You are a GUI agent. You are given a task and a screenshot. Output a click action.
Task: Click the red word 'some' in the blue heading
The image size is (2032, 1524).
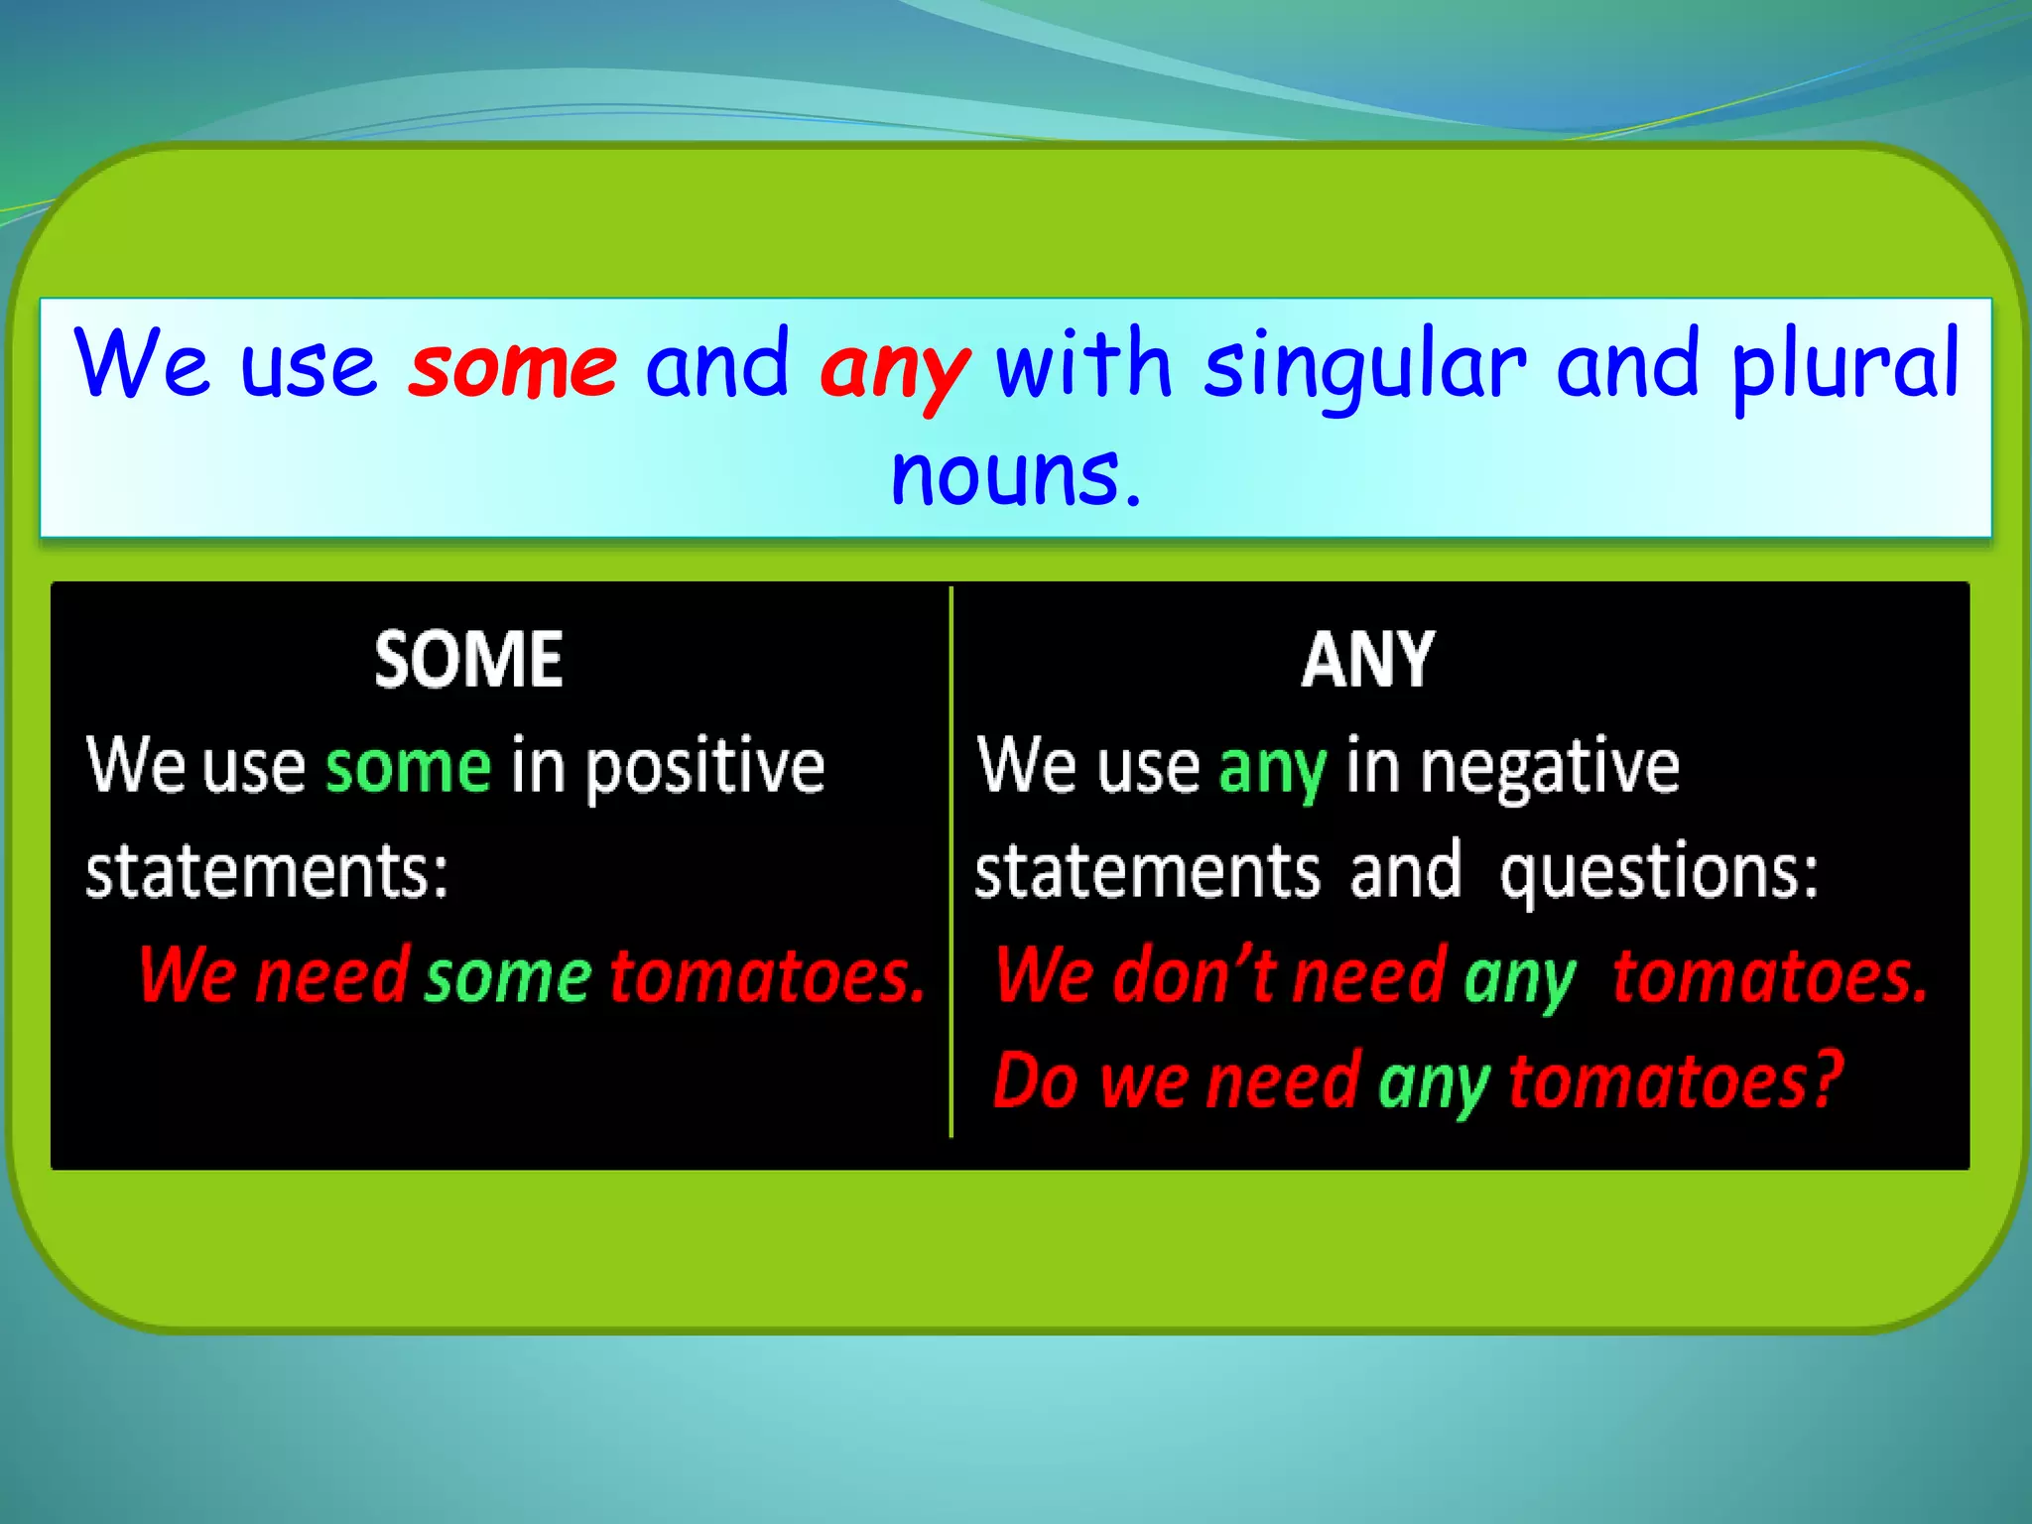point(514,367)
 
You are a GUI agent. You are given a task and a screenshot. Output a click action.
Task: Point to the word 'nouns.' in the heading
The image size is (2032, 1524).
point(1016,475)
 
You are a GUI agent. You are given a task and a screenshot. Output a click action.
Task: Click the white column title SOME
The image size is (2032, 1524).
point(468,660)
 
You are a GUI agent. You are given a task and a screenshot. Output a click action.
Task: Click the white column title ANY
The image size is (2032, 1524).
point(1368,660)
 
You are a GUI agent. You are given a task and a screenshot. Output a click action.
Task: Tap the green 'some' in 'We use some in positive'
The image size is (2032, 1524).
point(408,768)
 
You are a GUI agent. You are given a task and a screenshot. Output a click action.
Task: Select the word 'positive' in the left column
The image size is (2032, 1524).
point(704,768)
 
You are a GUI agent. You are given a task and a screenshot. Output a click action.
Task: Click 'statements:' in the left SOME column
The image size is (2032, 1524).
point(267,871)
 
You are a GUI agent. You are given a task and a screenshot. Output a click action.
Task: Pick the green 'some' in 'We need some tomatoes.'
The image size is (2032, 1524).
point(508,978)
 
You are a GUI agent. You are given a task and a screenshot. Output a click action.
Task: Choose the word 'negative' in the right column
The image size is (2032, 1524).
point(1550,768)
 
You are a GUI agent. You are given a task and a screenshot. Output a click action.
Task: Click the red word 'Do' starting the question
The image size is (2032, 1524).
point(1036,1080)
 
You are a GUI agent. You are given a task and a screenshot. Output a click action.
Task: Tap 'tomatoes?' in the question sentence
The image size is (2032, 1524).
point(1676,1080)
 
